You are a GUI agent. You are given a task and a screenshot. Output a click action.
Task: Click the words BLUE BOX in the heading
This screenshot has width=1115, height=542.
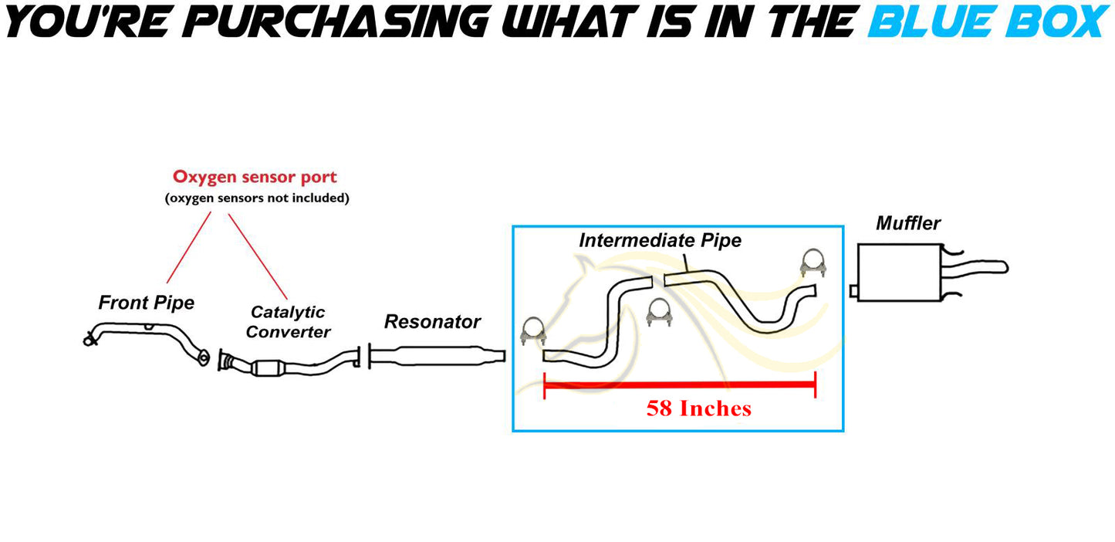(x=988, y=22)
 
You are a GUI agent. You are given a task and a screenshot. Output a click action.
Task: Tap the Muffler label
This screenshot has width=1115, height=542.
(x=908, y=223)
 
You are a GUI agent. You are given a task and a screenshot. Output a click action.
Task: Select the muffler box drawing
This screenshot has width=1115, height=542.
(x=900, y=273)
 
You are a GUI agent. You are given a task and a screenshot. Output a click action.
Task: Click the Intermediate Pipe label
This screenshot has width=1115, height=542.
(x=660, y=240)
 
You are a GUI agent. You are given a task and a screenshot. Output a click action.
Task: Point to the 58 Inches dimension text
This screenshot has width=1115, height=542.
(x=699, y=408)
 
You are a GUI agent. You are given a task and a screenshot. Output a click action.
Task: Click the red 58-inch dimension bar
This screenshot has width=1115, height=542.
(x=680, y=384)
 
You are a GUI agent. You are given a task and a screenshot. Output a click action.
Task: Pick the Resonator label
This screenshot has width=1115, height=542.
(x=432, y=322)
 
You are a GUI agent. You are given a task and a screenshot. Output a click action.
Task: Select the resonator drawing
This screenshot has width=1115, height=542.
(x=437, y=356)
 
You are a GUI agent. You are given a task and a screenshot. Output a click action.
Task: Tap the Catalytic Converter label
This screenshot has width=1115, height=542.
(x=288, y=322)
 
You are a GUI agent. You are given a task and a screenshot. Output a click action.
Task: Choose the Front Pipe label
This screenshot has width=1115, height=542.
(x=147, y=303)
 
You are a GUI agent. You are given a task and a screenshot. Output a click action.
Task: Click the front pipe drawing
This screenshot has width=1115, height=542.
(x=147, y=342)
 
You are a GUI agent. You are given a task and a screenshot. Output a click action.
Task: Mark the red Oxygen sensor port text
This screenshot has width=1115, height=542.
(x=255, y=177)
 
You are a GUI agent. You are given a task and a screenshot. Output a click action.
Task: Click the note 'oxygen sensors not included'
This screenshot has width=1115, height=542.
(x=257, y=198)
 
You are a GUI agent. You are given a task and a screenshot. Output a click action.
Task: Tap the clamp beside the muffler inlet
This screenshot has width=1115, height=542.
(x=813, y=263)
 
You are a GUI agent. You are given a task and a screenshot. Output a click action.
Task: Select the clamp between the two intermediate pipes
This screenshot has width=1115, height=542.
(x=659, y=313)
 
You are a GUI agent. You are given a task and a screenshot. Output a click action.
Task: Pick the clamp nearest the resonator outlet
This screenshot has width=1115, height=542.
(x=533, y=330)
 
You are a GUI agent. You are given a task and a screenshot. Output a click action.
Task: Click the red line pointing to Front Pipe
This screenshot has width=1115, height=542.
(x=188, y=248)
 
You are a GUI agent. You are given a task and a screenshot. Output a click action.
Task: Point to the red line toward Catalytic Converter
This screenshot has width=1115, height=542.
(x=258, y=256)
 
